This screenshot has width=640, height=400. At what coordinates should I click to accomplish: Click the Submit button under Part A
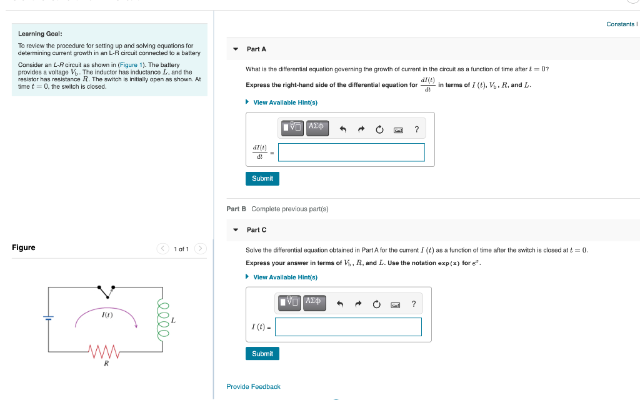coord(262,179)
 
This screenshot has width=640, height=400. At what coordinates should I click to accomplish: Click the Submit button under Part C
coord(262,354)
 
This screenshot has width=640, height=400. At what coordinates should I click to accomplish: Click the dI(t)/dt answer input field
coord(351,152)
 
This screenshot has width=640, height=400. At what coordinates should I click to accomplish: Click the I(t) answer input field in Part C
coord(348,327)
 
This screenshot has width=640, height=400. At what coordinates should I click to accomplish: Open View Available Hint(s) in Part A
coord(285,102)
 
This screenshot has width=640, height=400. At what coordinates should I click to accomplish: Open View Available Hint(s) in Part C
coord(285,277)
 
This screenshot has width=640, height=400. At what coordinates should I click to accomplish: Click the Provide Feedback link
coord(253,387)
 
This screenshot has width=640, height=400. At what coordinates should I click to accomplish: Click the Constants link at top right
coord(621,24)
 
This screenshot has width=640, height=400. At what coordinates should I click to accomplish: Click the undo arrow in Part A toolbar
coord(342,130)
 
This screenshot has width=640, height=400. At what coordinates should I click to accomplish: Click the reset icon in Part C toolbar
coord(376,305)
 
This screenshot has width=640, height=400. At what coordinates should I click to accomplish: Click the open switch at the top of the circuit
coord(104,291)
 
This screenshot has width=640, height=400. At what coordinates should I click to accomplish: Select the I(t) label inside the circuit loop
coord(107,314)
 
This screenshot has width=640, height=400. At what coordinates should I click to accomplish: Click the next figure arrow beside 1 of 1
coord(200,249)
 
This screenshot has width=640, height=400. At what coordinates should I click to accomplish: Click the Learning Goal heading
coord(40,34)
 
